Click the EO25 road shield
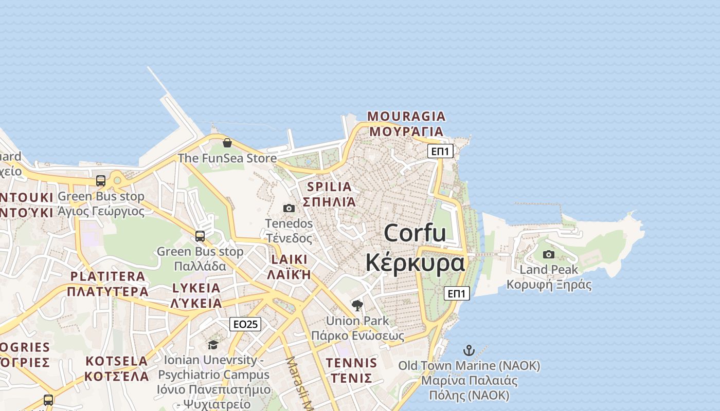[245, 324]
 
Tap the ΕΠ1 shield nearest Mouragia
[441, 151]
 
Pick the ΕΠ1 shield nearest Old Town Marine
[457, 293]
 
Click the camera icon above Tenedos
[289, 208]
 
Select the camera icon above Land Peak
[549, 254]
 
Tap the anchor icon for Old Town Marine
[469, 351]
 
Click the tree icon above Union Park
[357, 306]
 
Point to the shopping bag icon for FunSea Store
[227, 142]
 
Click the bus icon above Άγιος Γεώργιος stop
[101, 181]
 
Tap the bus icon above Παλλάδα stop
[200, 236]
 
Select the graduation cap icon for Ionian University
[213, 345]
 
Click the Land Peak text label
[549, 270]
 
